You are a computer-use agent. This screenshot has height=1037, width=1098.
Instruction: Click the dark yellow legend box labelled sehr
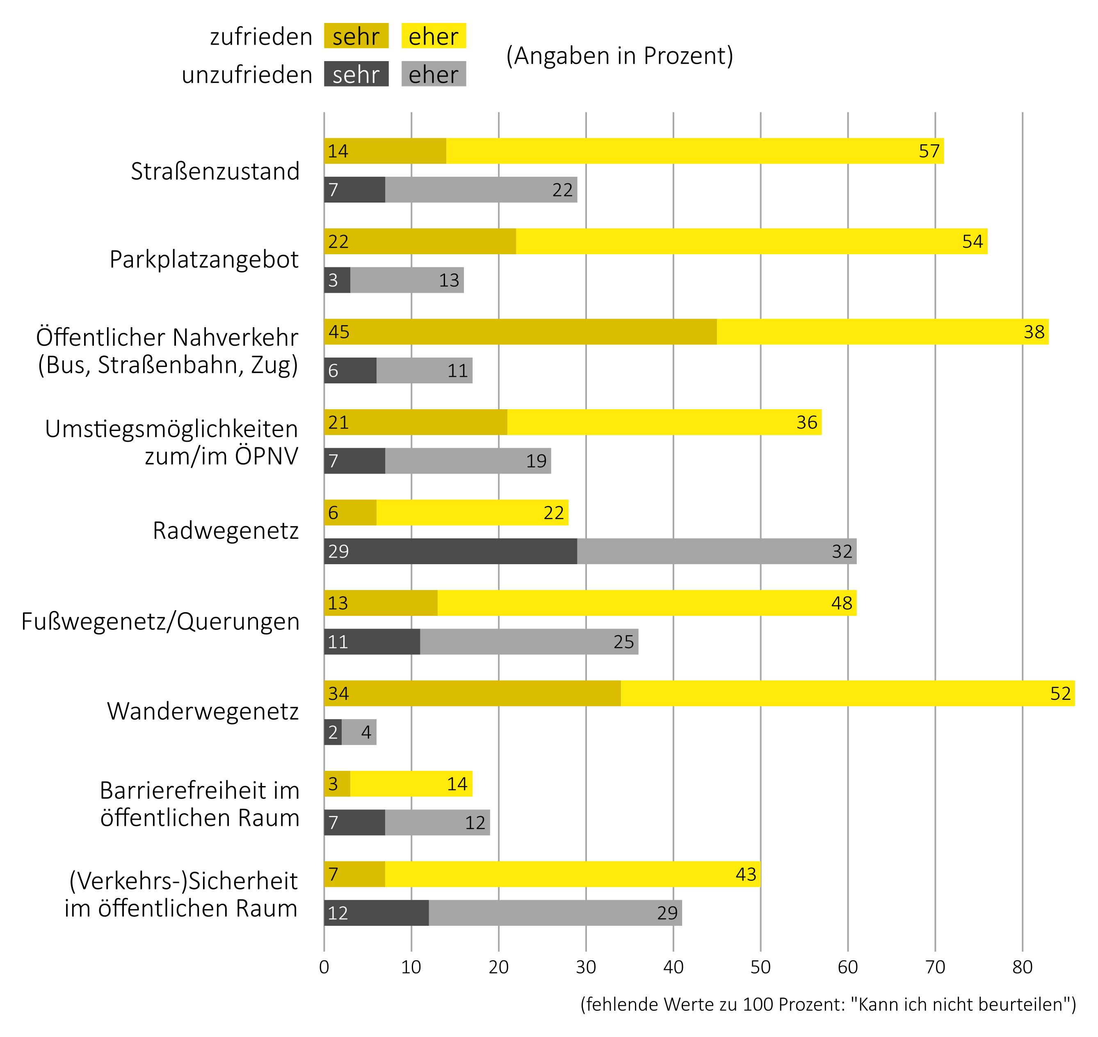point(356,36)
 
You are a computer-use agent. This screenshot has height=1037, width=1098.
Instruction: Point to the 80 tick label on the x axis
point(1022,967)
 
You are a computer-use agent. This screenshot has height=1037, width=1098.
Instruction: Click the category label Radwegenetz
point(226,531)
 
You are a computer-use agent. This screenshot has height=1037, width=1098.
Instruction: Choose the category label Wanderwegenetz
point(203,711)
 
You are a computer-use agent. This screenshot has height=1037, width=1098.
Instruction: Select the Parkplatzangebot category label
point(204,259)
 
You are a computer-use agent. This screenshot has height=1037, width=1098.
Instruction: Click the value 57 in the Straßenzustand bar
point(929,151)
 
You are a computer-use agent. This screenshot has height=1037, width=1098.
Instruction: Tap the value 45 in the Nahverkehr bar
point(339,332)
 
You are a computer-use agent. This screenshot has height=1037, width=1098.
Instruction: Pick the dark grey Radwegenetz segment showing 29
point(451,551)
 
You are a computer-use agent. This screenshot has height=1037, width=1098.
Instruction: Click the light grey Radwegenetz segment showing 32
point(717,551)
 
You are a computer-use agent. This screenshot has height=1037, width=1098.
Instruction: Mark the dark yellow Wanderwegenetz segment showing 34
point(472,693)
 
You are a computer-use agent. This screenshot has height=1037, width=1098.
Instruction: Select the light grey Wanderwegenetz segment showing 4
point(359,732)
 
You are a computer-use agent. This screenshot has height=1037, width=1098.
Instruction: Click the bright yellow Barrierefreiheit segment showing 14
point(411,784)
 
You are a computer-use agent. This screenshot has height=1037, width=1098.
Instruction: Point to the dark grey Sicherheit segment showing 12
point(377,913)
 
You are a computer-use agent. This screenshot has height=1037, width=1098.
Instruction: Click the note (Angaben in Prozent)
point(620,55)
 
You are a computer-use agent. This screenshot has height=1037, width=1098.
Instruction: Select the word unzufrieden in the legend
point(247,75)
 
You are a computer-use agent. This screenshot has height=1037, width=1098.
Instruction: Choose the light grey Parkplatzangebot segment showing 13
point(407,280)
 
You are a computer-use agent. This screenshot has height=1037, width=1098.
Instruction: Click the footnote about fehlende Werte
point(828,1004)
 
